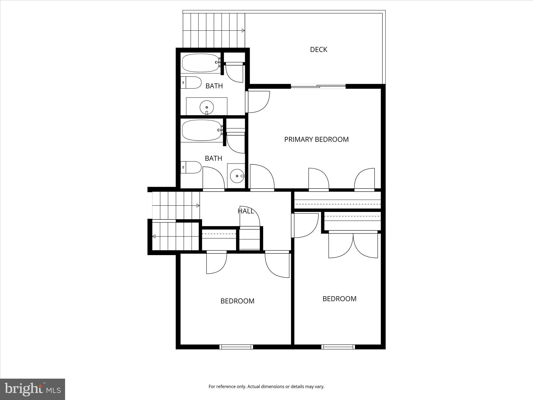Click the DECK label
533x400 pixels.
tap(318, 49)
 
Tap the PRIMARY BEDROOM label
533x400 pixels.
tap(316, 139)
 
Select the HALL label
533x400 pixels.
tap(246, 211)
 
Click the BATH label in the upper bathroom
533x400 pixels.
tap(214, 86)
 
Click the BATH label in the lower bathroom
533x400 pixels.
tap(213, 158)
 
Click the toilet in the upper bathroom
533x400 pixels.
tap(191, 83)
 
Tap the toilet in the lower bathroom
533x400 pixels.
tap(191, 167)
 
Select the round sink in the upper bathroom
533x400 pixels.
tap(207, 107)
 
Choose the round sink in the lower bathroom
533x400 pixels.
tap(237, 176)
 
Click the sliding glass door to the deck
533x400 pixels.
tap(318, 86)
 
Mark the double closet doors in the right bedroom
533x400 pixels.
tap(353, 245)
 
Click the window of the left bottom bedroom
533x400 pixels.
tap(236, 347)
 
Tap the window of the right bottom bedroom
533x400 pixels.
tap(338, 347)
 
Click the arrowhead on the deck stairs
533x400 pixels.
tap(243, 31)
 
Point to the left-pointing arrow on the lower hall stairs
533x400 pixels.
tap(154, 236)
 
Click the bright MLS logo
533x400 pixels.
tap(33, 389)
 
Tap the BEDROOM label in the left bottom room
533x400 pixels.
tap(237, 301)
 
